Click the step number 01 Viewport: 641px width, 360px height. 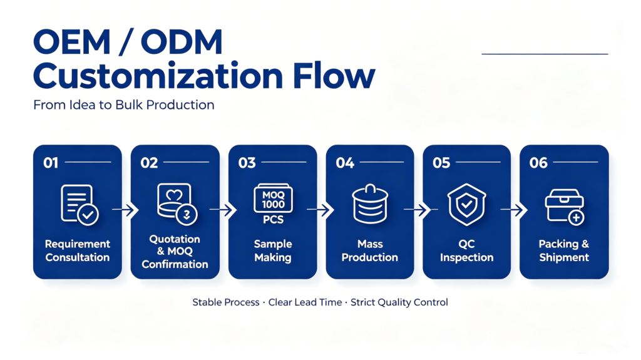51,163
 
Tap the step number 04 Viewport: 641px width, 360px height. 345,163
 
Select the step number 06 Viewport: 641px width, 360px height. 538,163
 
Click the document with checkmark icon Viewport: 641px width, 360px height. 79,205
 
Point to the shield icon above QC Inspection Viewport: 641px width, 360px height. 466,205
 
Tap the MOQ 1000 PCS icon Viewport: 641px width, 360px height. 273,204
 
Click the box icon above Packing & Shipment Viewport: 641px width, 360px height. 565,206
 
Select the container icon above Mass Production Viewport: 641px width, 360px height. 370,203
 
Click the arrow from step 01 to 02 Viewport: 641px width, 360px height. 125,210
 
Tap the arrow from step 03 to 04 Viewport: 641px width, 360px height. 320,210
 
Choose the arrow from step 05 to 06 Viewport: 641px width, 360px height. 514,210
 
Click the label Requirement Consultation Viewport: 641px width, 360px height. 77,250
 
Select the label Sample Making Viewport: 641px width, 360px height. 273,250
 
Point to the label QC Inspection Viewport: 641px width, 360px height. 466,250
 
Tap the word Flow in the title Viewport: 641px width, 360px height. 334,76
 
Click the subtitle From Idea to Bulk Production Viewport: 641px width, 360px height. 124,105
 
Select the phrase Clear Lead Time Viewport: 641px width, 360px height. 305,302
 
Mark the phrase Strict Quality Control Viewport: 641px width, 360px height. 399,302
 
